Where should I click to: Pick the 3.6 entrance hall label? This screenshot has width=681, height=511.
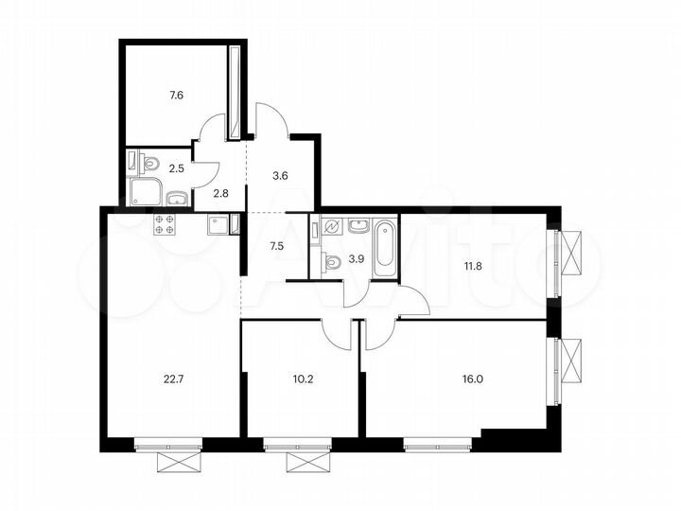point(280,174)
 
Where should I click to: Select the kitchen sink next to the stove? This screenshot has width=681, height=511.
point(218,224)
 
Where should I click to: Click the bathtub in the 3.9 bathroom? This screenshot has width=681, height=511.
point(385,248)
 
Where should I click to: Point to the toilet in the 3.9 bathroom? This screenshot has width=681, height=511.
point(331,262)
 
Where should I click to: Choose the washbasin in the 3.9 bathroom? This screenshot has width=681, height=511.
point(358,225)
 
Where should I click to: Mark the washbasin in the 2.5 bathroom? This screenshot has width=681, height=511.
point(176,198)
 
